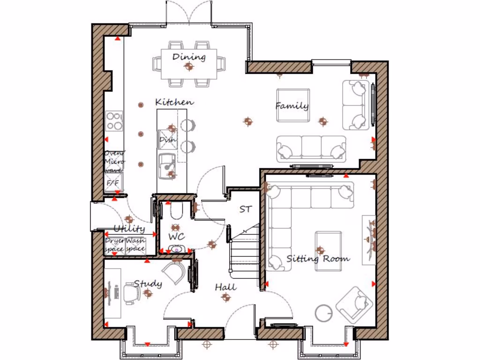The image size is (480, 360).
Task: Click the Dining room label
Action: (x=189, y=57)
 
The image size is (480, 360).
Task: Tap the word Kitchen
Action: (x=174, y=102)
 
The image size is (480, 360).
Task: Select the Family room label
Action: (x=292, y=106)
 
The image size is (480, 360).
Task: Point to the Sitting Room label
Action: (x=318, y=258)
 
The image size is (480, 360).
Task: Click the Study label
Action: (x=148, y=284)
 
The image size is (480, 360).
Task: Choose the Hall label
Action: (x=225, y=287)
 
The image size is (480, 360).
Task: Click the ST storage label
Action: (x=245, y=210)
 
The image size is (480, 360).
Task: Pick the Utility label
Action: (x=129, y=229)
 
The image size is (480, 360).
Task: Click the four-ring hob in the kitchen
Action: (x=114, y=121)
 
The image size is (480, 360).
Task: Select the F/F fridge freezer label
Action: (x=113, y=183)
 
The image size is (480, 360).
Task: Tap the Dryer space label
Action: (x=114, y=245)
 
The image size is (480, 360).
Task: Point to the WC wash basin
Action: (x=177, y=249)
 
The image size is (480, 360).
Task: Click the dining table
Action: (x=189, y=64)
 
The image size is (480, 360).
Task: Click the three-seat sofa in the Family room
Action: (x=311, y=149)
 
